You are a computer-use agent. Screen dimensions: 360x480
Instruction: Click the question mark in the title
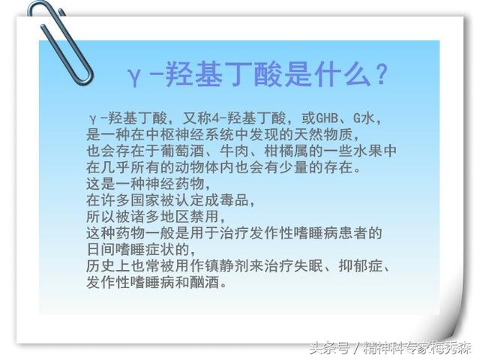coord(380,75)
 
